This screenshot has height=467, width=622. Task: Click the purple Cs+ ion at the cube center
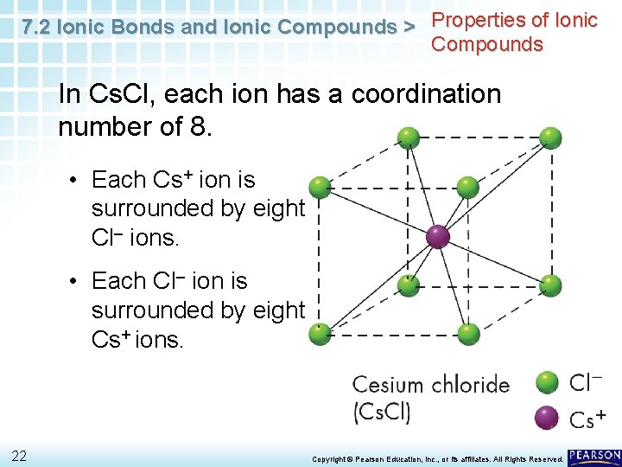pyautogui.click(x=438, y=236)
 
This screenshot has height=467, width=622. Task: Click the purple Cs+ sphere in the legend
pyautogui.click(x=547, y=418)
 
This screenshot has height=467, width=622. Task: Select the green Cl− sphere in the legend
pyautogui.click(x=547, y=382)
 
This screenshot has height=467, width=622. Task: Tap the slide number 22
pyautogui.click(x=19, y=456)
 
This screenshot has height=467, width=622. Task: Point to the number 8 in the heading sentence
pyautogui.click(x=197, y=126)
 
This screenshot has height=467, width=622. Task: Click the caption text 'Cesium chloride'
pyautogui.click(x=430, y=385)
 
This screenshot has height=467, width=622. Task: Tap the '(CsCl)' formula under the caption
pyautogui.click(x=381, y=412)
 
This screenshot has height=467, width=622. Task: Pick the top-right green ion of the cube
pyautogui.click(x=551, y=138)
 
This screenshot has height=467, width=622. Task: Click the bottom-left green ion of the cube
pyautogui.click(x=321, y=331)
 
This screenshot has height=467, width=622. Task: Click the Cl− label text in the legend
pyautogui.click(x=585, y=382)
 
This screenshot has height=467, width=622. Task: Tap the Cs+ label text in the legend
pyautogui.click(x=587, y=419)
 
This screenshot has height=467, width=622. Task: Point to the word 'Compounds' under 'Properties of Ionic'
pyautogui.click(x=487, y=44)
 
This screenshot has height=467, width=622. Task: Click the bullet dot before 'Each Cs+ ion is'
pyautogui.click(x=75, y=181)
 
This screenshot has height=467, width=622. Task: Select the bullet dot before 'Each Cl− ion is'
pyautogui.click(x=75, y=282)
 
